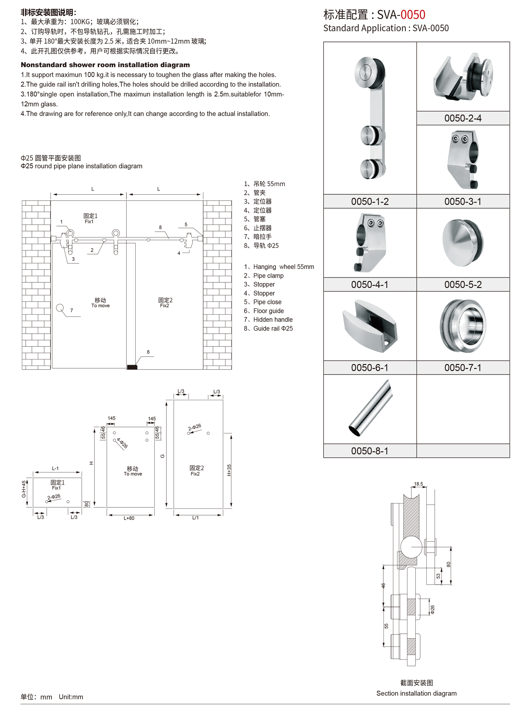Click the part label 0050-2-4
tap(463, 118)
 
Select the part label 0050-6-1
tap(370, 368)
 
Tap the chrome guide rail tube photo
tap(371, 408)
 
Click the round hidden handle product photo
tap(463, 326)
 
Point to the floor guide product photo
tap(370, 326)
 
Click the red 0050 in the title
tap(413, 15)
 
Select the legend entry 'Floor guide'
tap(268, 311)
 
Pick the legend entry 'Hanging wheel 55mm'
tap(283, 267)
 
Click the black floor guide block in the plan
tap(132, 367)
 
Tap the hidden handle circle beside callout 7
tap(60, 308)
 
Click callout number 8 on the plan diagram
tap(160, 228)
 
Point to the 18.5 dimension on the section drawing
tap(418, 484)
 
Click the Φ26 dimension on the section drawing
tap(432, 609)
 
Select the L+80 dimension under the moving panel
tap(129, 518)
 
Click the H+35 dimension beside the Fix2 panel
tap(229, 470)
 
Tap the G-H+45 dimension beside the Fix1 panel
tap(24, 489)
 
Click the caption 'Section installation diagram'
tap(416, 693)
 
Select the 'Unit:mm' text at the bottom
tap(71, 697)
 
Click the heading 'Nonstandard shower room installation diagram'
tap(105, 65)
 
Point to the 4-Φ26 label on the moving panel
tap(122, 443)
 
